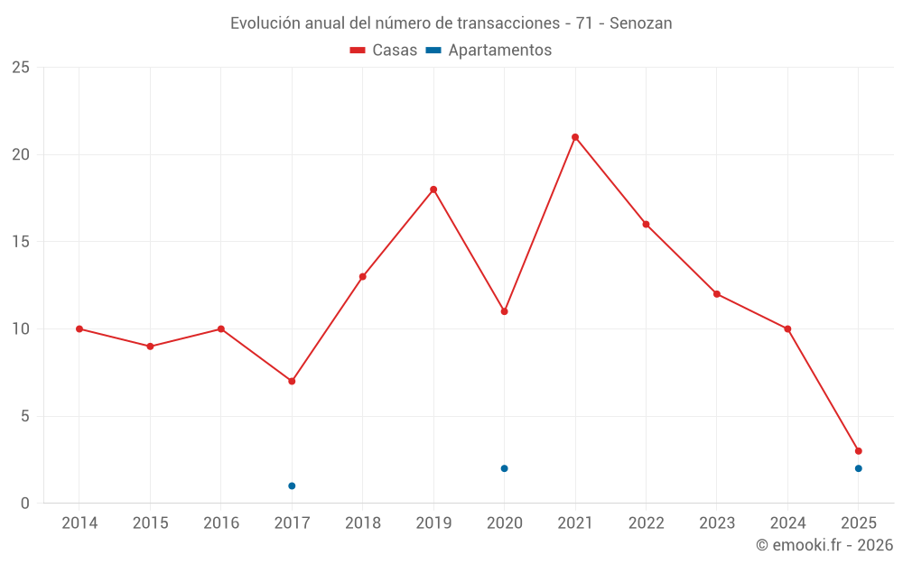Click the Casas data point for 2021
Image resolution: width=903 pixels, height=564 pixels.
[575, 137]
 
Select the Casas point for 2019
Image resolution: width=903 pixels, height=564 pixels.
[433, 190]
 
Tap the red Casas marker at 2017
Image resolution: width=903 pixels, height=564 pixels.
[292, 381]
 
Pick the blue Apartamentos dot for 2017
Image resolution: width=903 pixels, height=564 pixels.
[292, 485]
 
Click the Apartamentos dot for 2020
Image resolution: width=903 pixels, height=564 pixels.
[504, 468]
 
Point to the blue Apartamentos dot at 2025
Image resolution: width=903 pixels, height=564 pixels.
[859, 468]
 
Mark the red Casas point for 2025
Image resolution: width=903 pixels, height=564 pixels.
[859, 451]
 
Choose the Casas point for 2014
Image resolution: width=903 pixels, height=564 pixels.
[79, 328]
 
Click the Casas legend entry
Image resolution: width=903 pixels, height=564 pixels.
[384, 51]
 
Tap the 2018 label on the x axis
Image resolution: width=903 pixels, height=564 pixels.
[362, 523]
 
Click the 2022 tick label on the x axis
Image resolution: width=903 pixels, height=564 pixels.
[646, 523]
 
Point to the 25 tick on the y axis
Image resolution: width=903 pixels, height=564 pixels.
[21, 68]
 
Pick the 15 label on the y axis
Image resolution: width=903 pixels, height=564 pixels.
[21, 242]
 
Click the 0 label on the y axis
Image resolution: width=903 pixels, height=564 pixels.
[25, 504]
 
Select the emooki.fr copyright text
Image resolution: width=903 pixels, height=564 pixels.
[824, 545]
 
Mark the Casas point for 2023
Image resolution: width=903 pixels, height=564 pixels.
[717, 293]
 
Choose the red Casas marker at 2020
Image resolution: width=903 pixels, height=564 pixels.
[504, 311]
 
